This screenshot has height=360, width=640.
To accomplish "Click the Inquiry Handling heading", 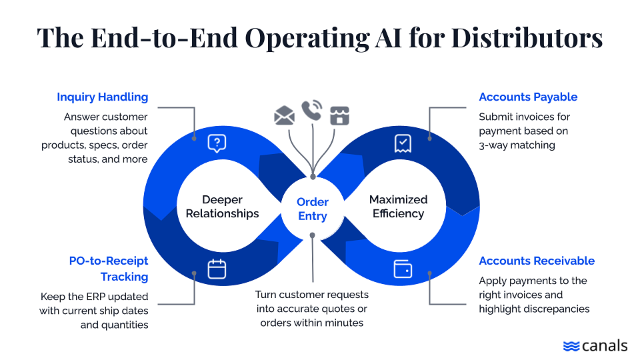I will tap(102, 97).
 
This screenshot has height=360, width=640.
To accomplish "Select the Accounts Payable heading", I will tap(528, 97).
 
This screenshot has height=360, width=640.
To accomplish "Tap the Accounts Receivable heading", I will tap(536, 261).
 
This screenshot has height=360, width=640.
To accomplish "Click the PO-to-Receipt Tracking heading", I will tap(109, 269).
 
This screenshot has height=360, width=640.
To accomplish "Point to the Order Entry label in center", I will tap(313, 209).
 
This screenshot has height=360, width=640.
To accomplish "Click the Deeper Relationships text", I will tap(222, 207).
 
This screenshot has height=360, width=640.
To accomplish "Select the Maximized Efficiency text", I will tap(398, 207).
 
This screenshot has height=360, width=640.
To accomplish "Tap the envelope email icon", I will tap(284, 116).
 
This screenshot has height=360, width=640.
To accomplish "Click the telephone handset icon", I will tap(311, 110).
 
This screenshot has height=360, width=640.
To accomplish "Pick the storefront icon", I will tap(339, 116).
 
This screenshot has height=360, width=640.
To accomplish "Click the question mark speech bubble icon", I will tap(217, 143).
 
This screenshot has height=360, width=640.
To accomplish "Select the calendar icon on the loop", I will tap(217, 269).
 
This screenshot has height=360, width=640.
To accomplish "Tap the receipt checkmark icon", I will tap(403, 143).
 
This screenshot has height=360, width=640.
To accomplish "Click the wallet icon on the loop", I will tap(403, 269).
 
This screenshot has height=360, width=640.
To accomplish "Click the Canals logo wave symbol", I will tap(571, 346).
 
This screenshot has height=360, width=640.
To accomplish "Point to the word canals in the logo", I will tap(604, 345).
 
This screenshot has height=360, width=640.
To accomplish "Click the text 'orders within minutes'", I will tap(313, 323).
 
